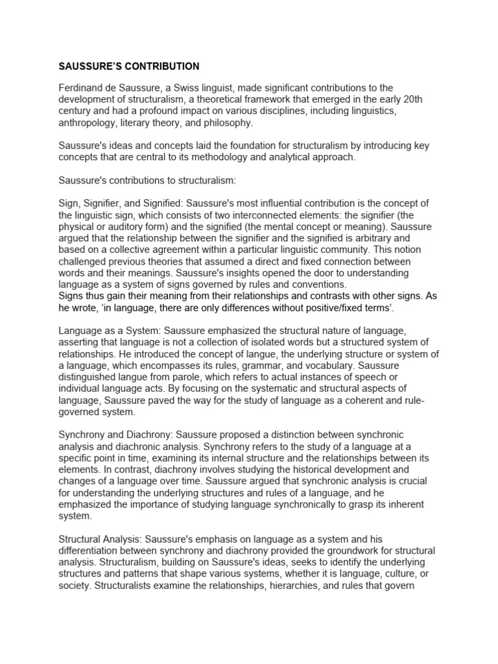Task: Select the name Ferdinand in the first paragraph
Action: coord(82,88)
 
